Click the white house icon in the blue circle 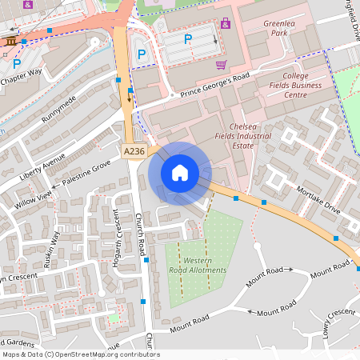(180, 173)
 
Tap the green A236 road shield (134, 150)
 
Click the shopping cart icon (221, 65)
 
